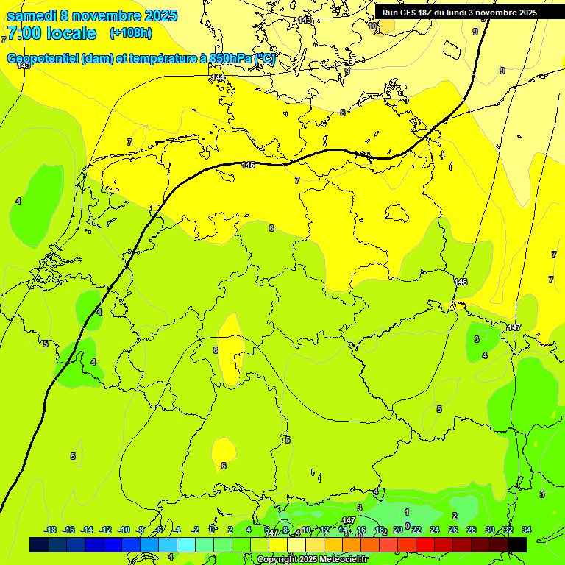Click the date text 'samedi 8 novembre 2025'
click(x=92, y=15)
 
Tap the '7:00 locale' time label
click(x=51, y=33)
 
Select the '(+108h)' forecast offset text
click(x=130, y=33)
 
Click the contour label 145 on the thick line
click(x=248, y=165)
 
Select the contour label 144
click(x=218, y=77)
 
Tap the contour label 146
click(x=461, y=282)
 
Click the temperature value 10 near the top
click(x=372, y=26)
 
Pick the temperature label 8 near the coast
click(x=342, y=113)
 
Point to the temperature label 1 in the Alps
click(x=406, y=511)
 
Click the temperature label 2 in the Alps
click(x=455, y=516)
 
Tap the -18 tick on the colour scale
click(x=51, y=530)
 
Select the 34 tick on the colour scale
click(x=527, y=530)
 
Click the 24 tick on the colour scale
click(x=435, y=530)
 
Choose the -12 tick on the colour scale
click(x=105, y=530)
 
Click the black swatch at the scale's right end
click(x=517, y=544)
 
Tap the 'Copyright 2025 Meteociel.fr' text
click(x=313, y=559)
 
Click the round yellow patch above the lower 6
click(x=223, y=449)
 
